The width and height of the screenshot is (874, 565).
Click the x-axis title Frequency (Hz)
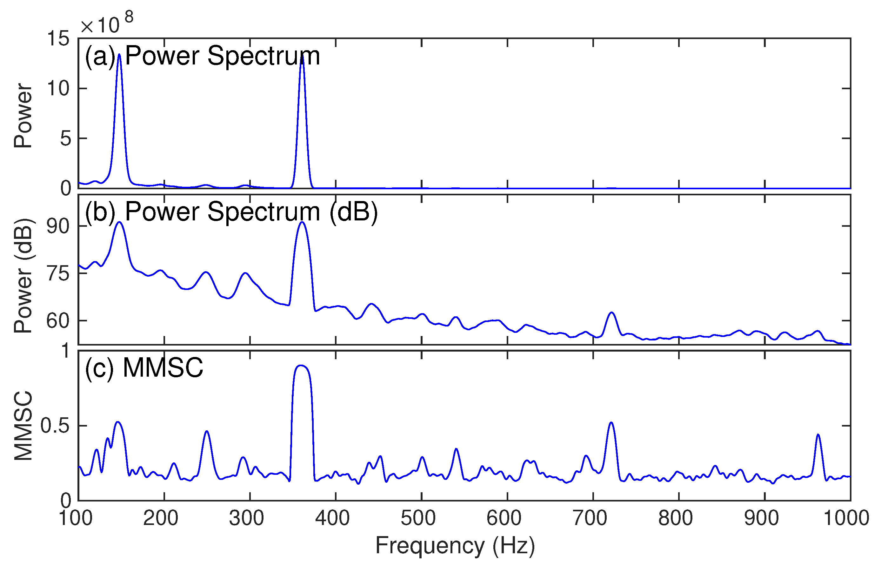click(455, 546)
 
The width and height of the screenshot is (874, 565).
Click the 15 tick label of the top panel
click(58, 38)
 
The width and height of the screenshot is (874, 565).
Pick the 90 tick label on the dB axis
click(58, 226)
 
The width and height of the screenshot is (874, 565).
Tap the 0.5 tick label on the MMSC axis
click(55, 426)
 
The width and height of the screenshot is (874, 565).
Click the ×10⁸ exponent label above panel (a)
click(106, 24)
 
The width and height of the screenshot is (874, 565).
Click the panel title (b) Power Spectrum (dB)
click(231, 212)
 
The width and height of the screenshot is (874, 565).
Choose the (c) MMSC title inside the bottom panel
click(144, 368)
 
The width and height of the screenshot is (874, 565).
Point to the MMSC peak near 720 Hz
click(611, 423)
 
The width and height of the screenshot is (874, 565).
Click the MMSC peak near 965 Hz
click(818, 435)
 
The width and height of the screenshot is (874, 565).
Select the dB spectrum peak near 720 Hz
click(611, 313)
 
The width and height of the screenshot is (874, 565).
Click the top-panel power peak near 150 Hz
click(119, 55)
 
